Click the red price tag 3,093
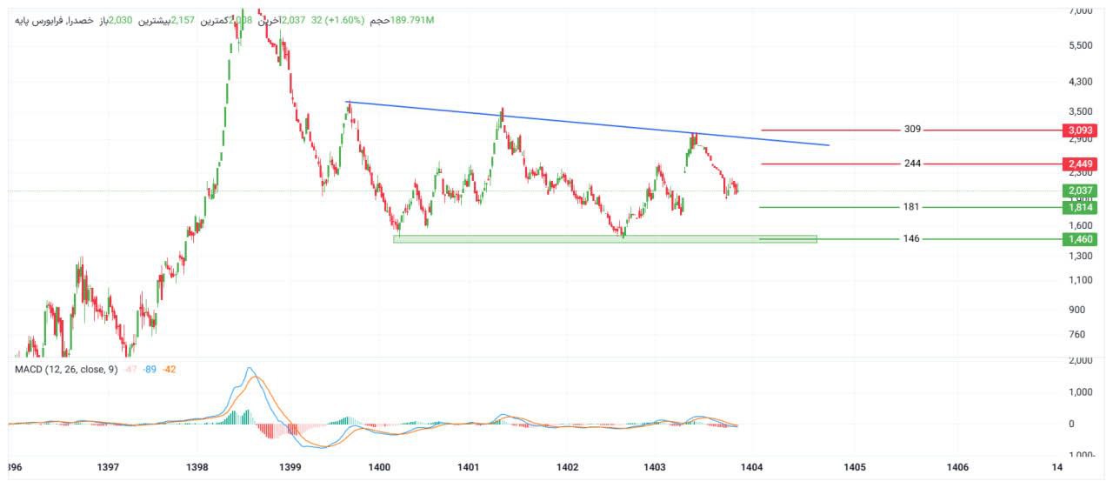coord(1079,130)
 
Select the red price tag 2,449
coord(1079,164)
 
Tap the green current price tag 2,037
coord(1079,191)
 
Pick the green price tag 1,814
coord(1079,207)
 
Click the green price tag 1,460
coord(1079,238)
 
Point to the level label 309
coord(912,130)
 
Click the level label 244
coord(912,164)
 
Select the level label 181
coord(912,207)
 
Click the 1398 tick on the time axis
coord(197,468)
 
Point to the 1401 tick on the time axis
coord(469,468)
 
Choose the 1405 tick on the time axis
coord(854,468)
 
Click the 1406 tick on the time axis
coord(957,468)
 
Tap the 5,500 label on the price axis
coord(1079,45)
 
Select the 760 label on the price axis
coord(1076,334)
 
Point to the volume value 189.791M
coord(412,20)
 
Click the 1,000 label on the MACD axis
coord(1079,392)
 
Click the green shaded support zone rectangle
coord(604,238)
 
